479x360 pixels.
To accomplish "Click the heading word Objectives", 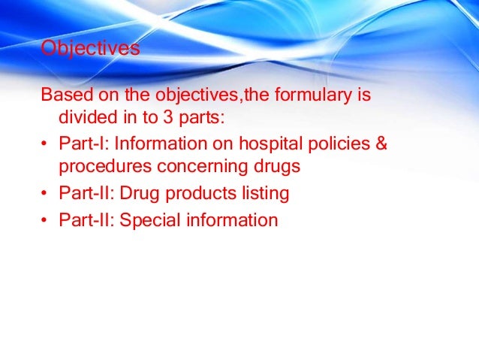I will [x=90, y=49].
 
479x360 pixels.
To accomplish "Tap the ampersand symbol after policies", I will [x=380, y=144].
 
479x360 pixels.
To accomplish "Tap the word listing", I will [x=261, y=193].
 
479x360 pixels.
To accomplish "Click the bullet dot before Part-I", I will [x=44, y=144].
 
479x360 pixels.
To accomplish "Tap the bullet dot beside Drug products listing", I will [x=44, y=194].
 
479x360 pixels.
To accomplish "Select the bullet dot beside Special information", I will [x=44, y=220].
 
